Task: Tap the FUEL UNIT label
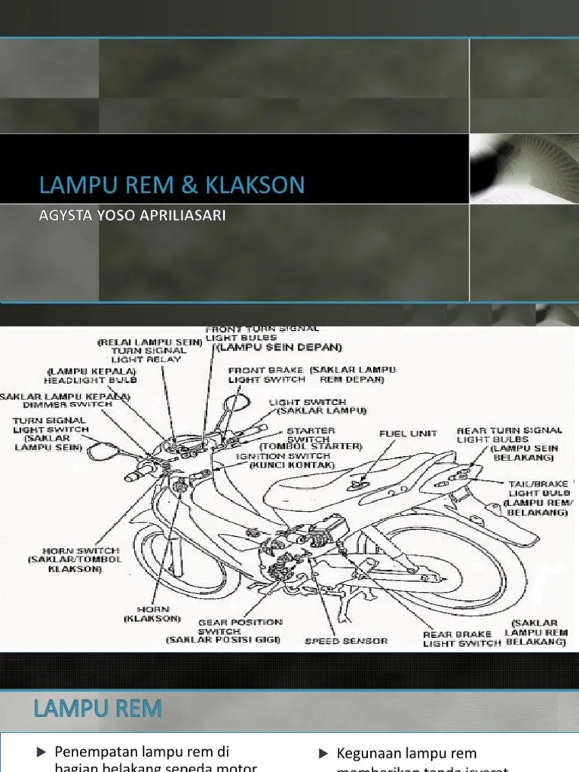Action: tap(409, 433)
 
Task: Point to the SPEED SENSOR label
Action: tap(346, 641)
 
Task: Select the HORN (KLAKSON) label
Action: tap(153, 613)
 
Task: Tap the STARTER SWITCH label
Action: tap(308, 436)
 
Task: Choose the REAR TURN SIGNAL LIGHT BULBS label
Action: tap(509, 435)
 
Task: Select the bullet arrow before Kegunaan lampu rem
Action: tap(323, 753)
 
